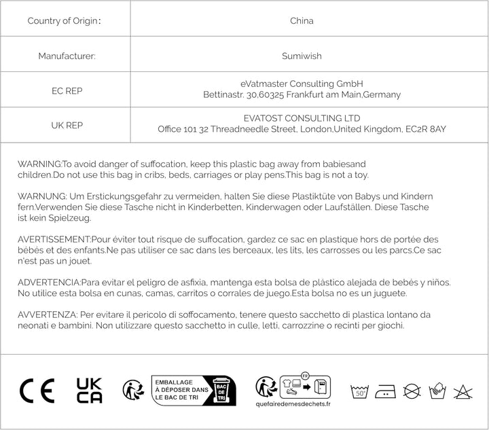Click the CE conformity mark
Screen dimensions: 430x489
[37, 391]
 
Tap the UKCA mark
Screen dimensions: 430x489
[90, 391]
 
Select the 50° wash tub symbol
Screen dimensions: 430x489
[359, 391]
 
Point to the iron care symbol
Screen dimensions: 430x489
[385, 391]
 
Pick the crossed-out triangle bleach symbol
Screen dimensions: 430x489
[464, 391]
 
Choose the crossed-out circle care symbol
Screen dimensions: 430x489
[412, 391]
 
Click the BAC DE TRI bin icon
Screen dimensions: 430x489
[222, 391]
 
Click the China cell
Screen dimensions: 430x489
[302, 20]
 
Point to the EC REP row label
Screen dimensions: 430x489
[67, 90]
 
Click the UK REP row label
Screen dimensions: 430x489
[67, 126]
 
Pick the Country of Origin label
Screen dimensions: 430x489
[65, 20]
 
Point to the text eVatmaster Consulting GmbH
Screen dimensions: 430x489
[302, 84]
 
